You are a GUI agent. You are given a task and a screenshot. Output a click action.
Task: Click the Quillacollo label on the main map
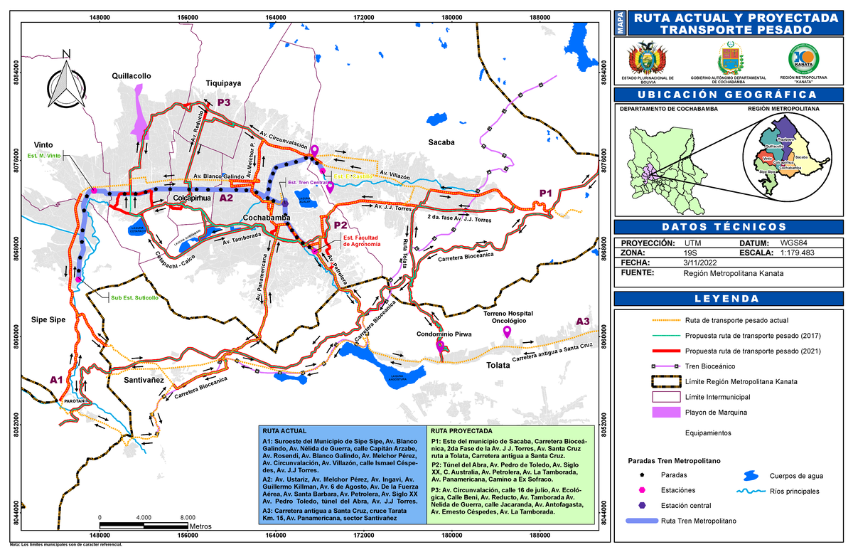pyautogui.click(x=132, y=75)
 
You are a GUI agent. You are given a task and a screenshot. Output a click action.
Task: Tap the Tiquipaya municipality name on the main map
pyautogui.click(x=223, y=83)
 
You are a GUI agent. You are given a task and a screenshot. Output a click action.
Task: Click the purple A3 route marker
pyautogui.click(x=583, y=322)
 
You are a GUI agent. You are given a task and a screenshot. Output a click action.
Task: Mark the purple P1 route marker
pyautogui.click(x=545, y=193)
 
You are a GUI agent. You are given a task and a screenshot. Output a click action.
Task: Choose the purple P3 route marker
pyautogui.click(x=224, y=103)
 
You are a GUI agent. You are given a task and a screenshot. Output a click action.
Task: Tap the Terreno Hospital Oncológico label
pyautogui.click(x=508, y=317)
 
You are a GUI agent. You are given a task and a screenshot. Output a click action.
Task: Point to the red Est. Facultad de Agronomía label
pyautogui.click(x=361, y=240)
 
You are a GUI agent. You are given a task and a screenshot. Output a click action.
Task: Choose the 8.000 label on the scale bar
pyautogui.click(x=188, y=517)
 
